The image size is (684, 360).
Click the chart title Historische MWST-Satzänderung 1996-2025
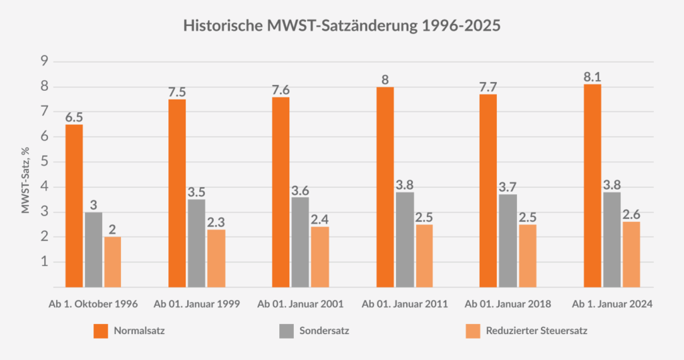[341, 26]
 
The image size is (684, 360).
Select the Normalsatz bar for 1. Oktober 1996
[73, 206]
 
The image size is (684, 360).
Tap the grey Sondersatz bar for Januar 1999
[196, 243]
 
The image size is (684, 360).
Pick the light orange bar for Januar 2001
[320, 257]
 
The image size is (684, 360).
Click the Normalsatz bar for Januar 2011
[385, 187]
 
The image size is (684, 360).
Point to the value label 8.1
[592, 75]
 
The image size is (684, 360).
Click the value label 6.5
[73, 116]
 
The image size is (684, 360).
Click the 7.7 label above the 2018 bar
[488, 86]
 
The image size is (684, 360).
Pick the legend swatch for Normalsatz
[100, 331]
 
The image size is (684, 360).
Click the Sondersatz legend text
[324, 331]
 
